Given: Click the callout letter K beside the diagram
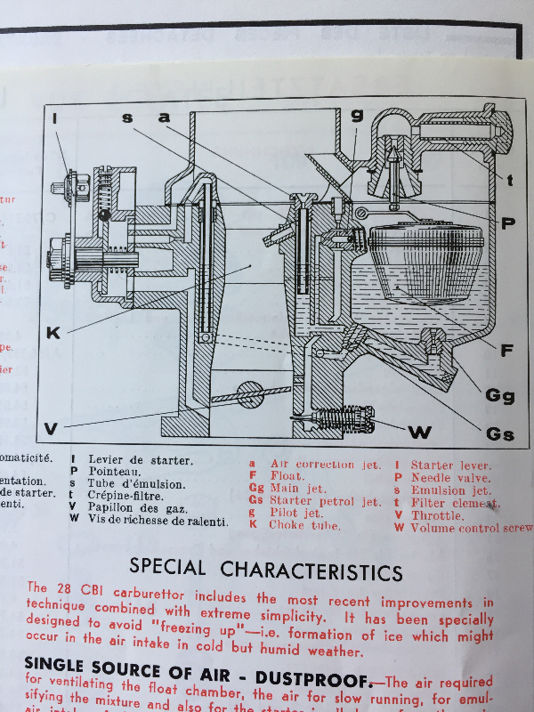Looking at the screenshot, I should coord(53,333).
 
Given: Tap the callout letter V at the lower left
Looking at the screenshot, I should coord(51,429).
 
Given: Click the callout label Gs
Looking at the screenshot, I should coord(500,434).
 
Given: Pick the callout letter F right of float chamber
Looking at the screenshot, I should coord(506,351).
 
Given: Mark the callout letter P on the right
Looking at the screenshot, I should coord(507,223).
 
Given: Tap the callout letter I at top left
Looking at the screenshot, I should coord(55,117).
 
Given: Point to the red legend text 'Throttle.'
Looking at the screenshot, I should coord(437,515).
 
